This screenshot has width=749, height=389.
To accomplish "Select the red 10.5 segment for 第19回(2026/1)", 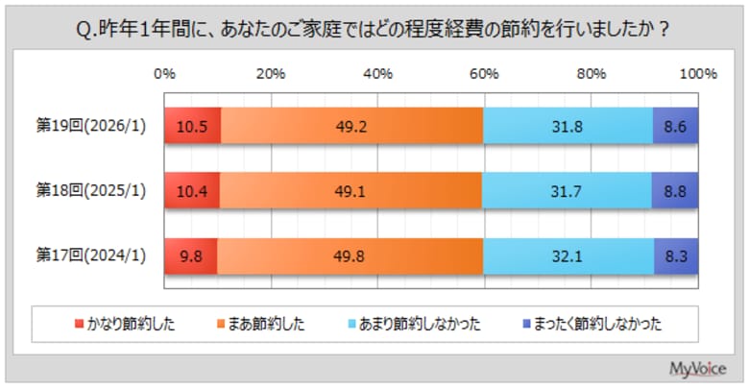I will (192, 126).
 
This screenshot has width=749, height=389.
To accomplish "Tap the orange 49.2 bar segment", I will (351, 126).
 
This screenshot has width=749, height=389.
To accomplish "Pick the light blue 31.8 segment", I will (568, 126).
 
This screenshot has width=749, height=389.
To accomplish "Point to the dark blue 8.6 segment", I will (675, 126).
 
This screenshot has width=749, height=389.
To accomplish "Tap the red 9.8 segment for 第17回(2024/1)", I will (190, 256).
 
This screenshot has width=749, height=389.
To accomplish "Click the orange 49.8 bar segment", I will (351, 256).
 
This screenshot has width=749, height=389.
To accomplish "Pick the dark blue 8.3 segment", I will (676, 256).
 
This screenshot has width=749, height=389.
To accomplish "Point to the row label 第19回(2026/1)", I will (91, 126).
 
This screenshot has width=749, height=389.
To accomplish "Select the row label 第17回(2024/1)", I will (91, 256).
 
